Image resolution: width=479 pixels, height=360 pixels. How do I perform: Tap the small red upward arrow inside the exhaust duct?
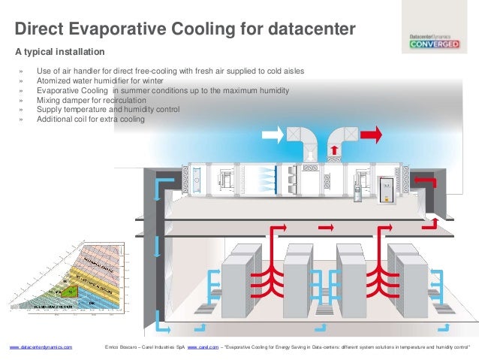pyautogui.click(x=333, y=150)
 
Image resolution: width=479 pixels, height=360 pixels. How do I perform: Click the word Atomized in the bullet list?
pyautogui.click(x=53, y=81)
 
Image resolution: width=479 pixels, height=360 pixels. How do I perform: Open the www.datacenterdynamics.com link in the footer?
pyautogui.click(x=41, y=347)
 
